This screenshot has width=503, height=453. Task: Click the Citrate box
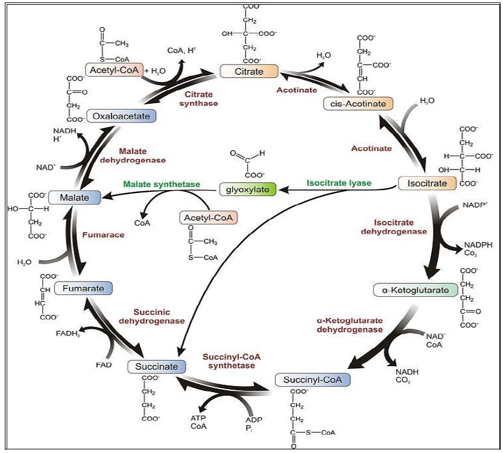pos(249,71)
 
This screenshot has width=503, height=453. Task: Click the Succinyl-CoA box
pos(312,380)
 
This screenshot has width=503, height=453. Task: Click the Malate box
pos(71,197)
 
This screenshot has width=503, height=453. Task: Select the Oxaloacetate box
pos(121,115)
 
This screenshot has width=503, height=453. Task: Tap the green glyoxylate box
pos(247,189)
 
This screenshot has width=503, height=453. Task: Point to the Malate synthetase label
pos(161,184)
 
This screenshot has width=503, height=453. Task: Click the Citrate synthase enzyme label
pos(201,99)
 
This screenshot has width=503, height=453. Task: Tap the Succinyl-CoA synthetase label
pos(232,361)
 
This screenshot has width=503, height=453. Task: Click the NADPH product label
pos(478,246)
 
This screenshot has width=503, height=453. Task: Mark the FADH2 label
pos(68,333)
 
